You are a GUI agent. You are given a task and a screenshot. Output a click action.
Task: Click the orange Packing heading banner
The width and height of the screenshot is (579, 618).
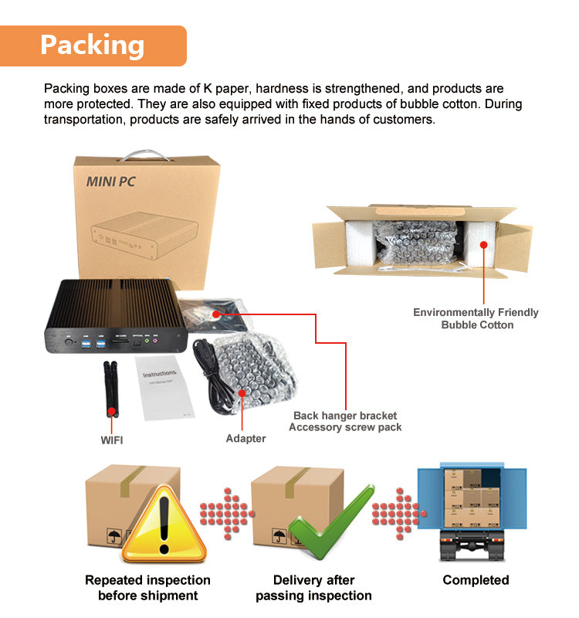coord(93,45)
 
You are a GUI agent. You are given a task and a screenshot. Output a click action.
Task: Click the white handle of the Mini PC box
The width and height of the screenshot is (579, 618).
coord(147,152)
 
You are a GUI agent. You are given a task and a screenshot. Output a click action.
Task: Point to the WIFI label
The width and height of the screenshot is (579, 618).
coord(112,440)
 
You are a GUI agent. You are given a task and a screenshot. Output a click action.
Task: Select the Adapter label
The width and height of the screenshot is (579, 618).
coord(245,438)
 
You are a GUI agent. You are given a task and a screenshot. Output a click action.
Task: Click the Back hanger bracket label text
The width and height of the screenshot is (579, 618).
coord(345,416)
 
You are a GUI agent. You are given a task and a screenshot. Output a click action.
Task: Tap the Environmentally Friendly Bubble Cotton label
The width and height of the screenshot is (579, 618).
coord(476,318)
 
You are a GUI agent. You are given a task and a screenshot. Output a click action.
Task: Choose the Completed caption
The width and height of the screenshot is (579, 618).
coord(476,580)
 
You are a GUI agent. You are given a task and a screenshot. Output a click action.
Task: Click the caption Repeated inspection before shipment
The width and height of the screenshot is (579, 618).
coord(147,588)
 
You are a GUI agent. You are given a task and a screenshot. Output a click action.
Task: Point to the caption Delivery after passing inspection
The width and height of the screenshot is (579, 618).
coord(313,588)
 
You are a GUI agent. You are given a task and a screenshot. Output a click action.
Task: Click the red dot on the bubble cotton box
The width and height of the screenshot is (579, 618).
coord(483,244)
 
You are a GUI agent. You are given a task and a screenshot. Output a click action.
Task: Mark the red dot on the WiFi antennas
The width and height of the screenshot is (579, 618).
coord(112,412)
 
